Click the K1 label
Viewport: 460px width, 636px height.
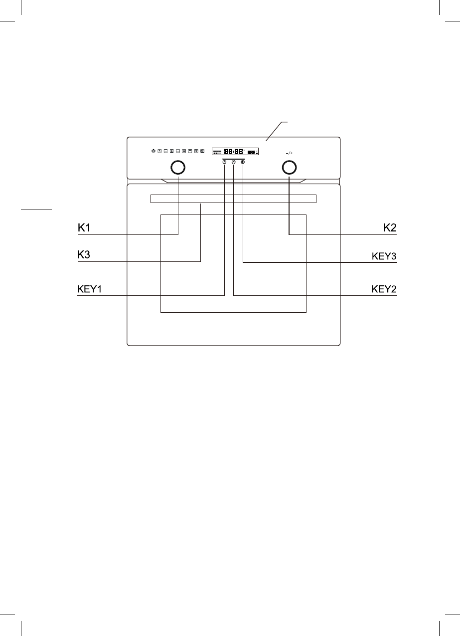pos(84,228)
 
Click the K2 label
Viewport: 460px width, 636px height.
pos(389,228)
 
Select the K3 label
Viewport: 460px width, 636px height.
pos(84,255)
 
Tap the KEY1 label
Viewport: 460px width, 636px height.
pos(90,289)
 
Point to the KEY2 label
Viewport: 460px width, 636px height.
pos(384,289)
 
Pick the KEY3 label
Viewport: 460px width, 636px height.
pos(384,256)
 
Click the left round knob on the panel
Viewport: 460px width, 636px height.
pos(178,167)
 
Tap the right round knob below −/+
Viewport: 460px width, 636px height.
pos(289,167)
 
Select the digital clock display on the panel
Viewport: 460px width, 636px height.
pos(235,151)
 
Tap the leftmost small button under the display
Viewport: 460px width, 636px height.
pos(224,162)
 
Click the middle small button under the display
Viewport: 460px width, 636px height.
pos(233,162)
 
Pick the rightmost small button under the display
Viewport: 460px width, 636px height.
pos(243,162)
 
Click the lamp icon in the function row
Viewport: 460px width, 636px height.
pos(153,151)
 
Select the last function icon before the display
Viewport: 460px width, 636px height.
pos(202,151)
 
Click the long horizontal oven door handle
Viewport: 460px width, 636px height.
pos(233,199)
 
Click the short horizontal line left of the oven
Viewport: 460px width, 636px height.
pos(36,210)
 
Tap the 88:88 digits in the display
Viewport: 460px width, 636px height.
pos(234,151)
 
